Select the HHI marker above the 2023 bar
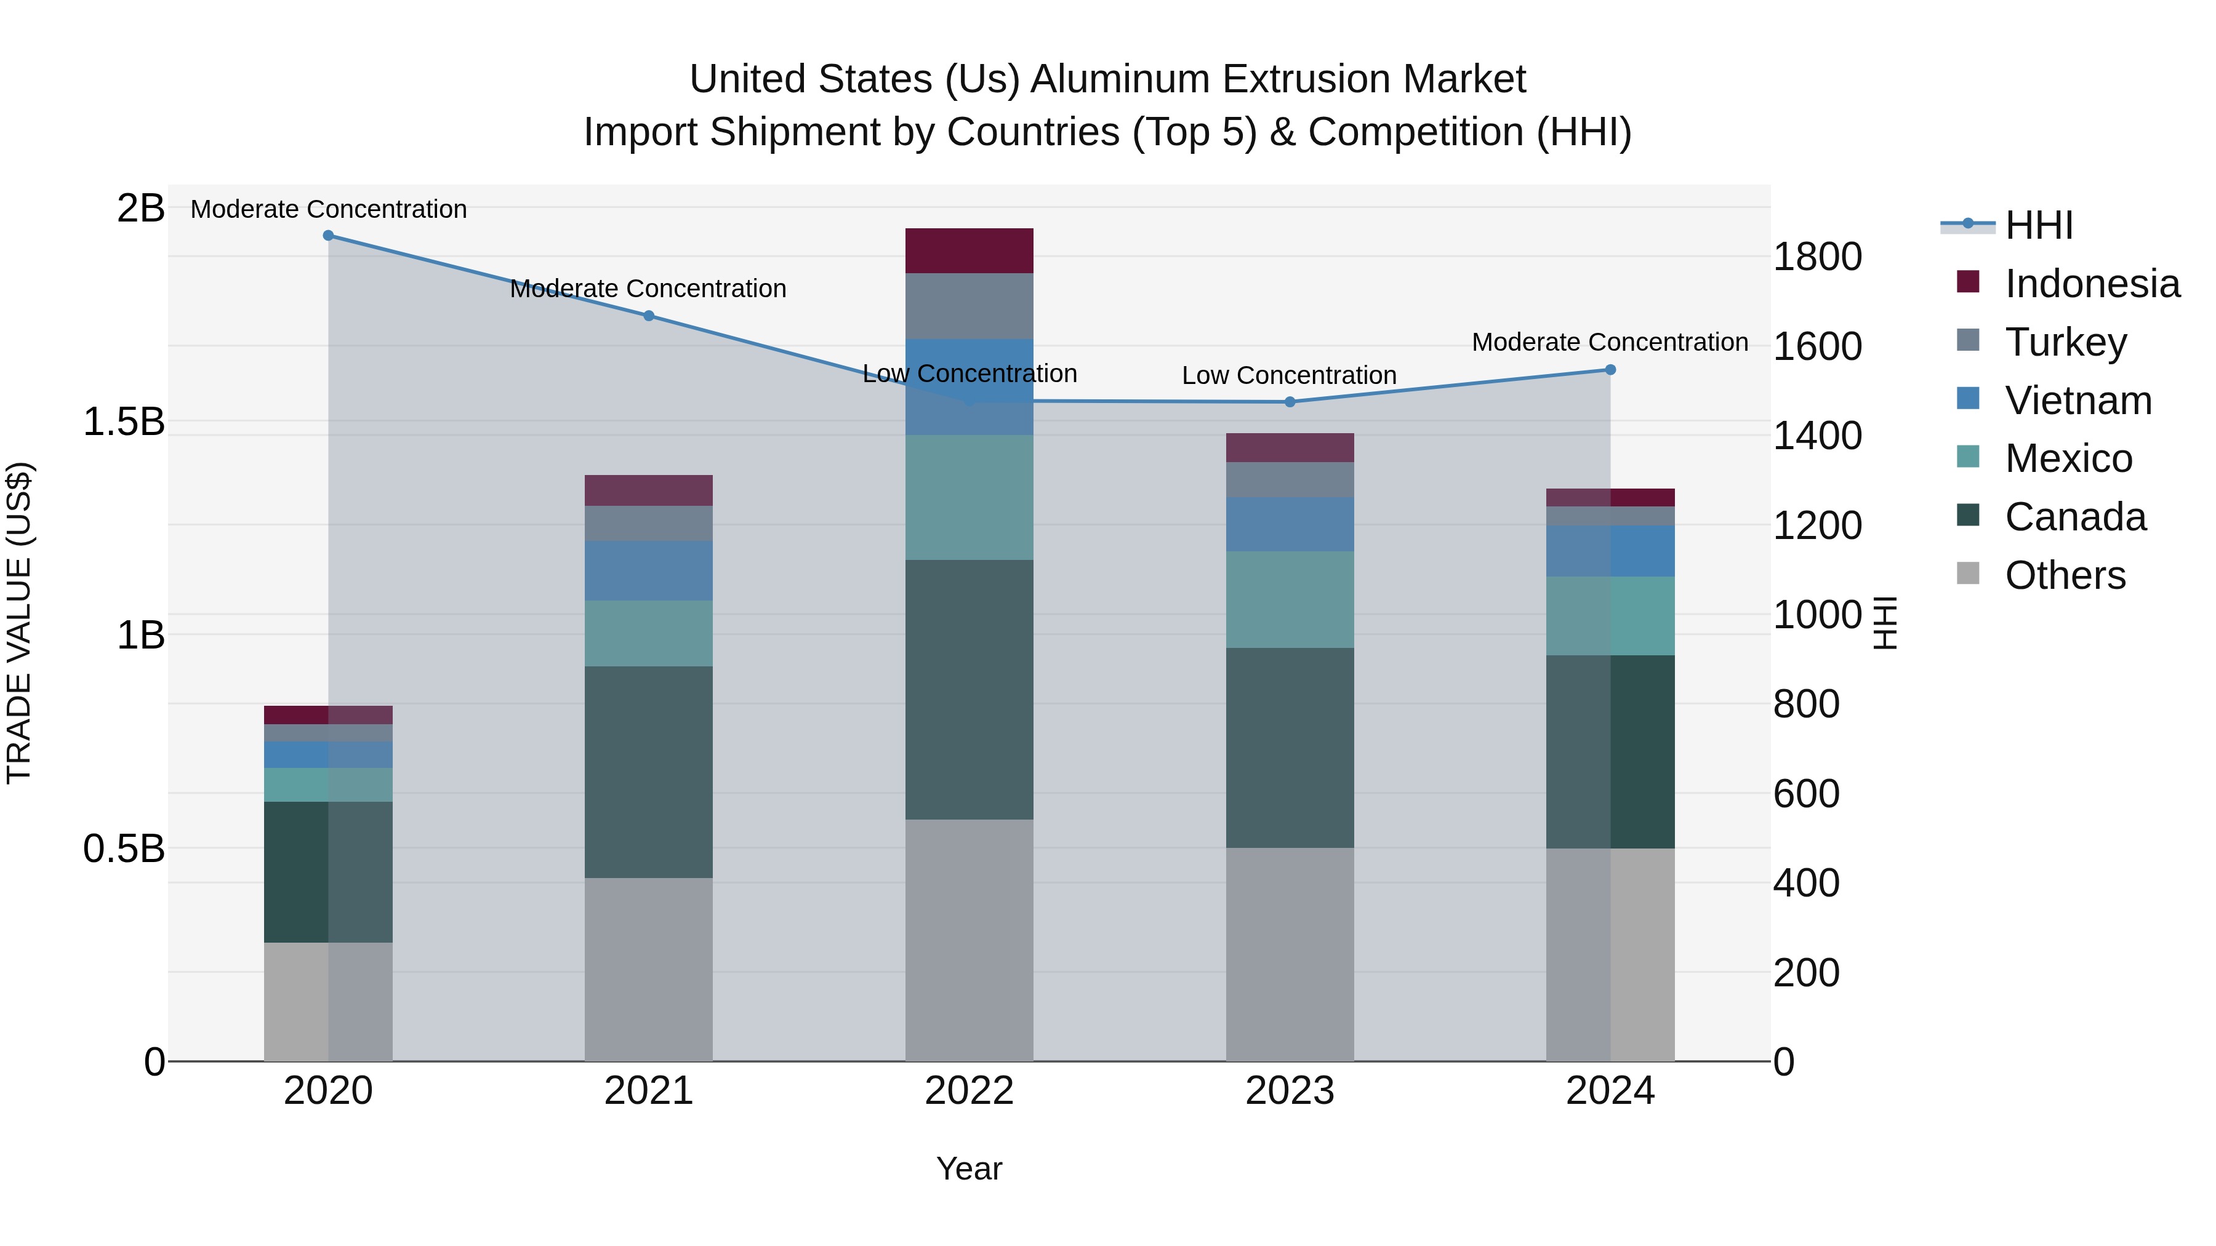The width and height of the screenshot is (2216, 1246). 1290,402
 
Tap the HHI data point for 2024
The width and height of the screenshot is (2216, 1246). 1610,370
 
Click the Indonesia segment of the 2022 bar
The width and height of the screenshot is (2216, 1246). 969,251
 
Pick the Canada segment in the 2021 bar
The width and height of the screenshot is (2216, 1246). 649,772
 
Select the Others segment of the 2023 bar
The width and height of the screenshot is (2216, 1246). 1290,954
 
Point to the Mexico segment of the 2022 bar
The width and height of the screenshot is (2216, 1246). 969,497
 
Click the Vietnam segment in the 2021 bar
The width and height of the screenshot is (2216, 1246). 649,570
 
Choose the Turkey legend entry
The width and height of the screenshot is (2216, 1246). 2065,341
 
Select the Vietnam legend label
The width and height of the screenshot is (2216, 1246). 2078,400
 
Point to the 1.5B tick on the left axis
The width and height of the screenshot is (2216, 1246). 123,421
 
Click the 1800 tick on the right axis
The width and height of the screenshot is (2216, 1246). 1817,256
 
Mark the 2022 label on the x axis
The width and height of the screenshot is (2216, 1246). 969,1091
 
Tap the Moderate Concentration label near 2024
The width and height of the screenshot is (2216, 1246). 1610,342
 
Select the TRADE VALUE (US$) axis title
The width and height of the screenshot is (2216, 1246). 19,623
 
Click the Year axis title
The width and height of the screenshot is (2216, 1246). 969,1168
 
